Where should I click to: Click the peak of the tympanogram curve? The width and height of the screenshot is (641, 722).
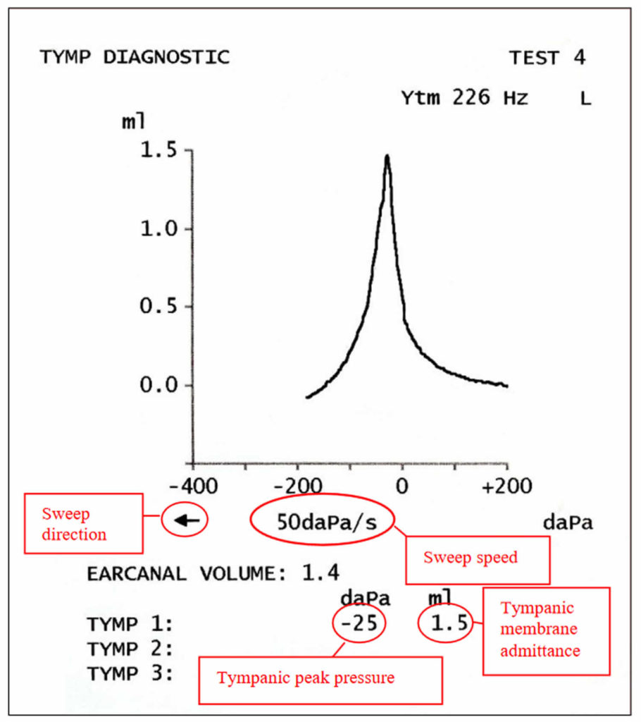(387, 157)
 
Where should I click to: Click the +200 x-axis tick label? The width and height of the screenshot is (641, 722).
(507, 487)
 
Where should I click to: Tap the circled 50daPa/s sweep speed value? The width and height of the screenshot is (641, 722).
(323, 522)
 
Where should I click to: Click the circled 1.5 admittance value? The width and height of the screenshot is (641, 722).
(444, 623)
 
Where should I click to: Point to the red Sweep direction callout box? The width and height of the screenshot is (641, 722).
(84, 524)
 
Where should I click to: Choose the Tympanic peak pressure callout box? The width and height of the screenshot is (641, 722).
(320, 680)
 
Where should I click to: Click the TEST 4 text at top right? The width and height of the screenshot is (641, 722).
(547, 58)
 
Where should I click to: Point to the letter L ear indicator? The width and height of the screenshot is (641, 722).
(585, 99)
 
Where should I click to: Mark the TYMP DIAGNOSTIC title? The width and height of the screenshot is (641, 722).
(134, 57)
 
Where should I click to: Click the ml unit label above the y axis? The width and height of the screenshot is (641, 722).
(134, 121)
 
